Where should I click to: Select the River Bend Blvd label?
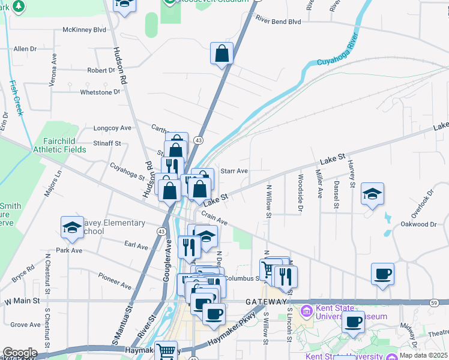click(x=277, y=20)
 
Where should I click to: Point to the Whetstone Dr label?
click(x=100, y=92)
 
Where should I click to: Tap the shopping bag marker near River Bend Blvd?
click(x=222, y=53)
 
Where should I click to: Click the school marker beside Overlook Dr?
click(x=372, y=194)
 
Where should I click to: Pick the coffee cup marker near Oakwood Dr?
click(x=382, y=275)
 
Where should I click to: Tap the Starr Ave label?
click(x=234, y=171)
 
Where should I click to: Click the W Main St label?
click(x=22, y=300)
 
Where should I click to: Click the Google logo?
click(x=20, y=353)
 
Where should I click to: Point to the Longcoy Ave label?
click(x=112, y=128)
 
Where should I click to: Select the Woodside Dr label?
click(x=301, y=191)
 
